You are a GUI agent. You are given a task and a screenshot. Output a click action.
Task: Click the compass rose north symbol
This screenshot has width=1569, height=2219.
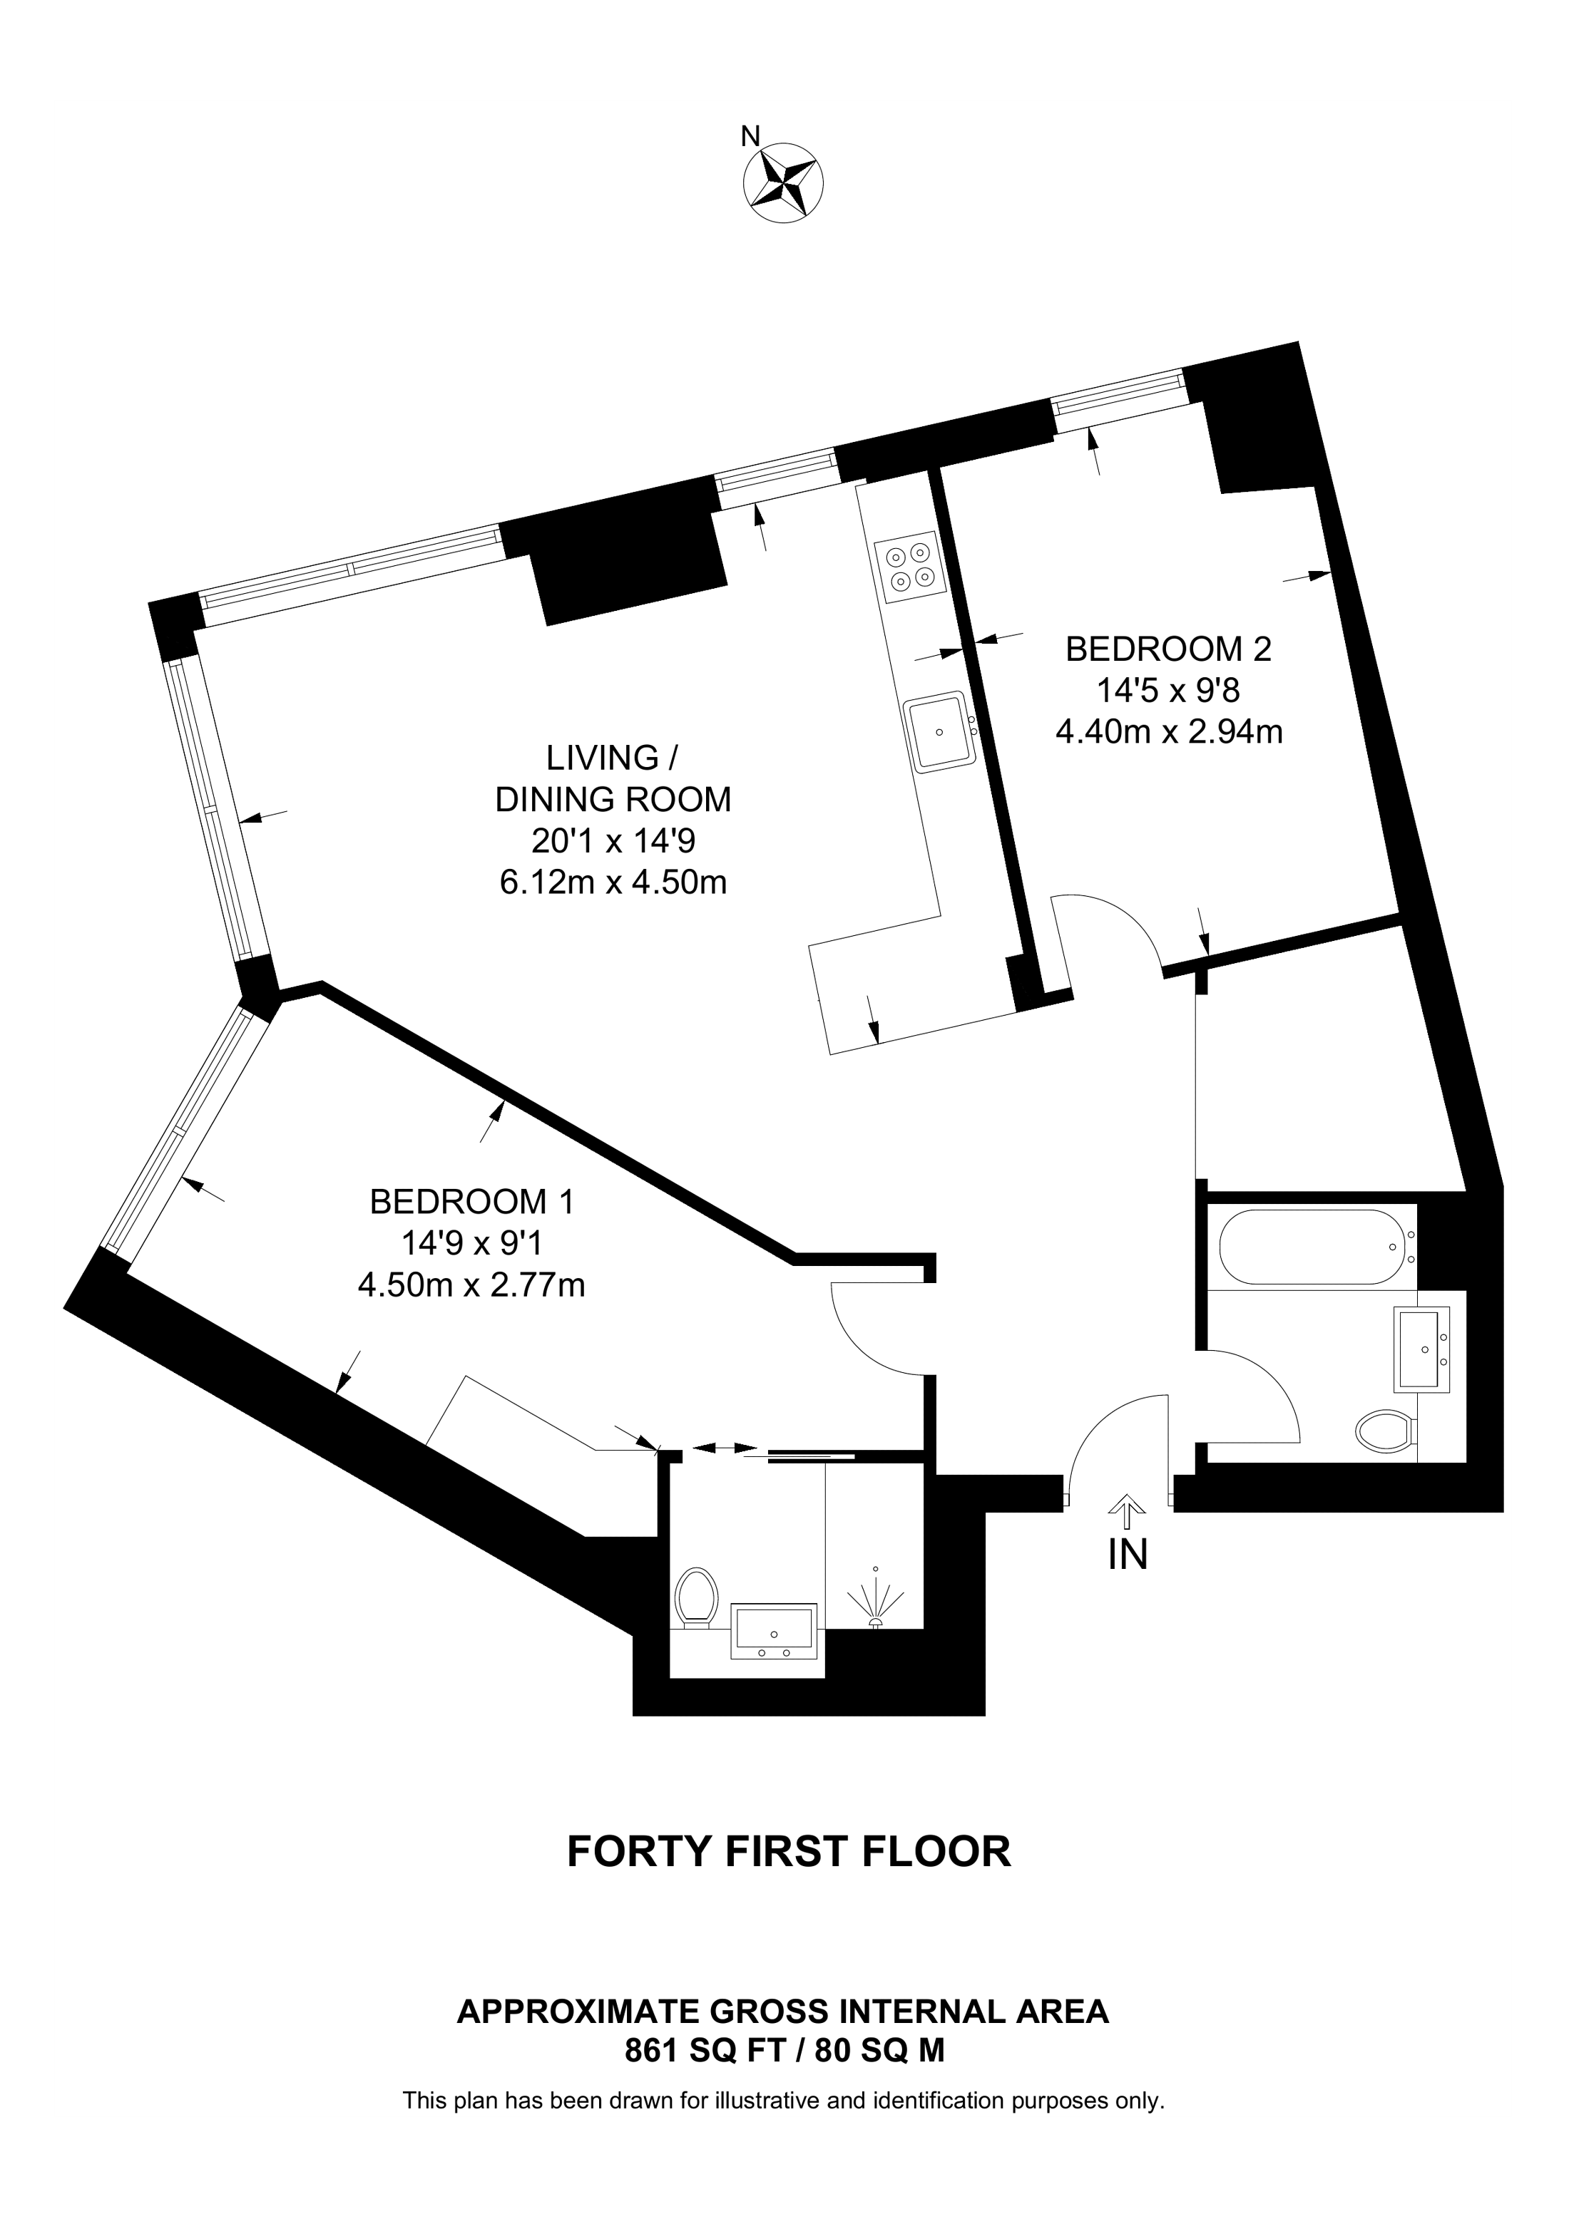(783, 182)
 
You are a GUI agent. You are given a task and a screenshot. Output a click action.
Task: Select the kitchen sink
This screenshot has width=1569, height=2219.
(938, 731)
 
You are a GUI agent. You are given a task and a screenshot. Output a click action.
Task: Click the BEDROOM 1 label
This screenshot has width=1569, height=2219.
(471, 1203)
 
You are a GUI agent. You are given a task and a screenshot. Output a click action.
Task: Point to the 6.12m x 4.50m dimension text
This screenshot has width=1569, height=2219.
(613, 882)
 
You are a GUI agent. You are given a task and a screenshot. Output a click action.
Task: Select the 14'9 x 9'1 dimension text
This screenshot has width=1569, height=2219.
(471, 1244)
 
